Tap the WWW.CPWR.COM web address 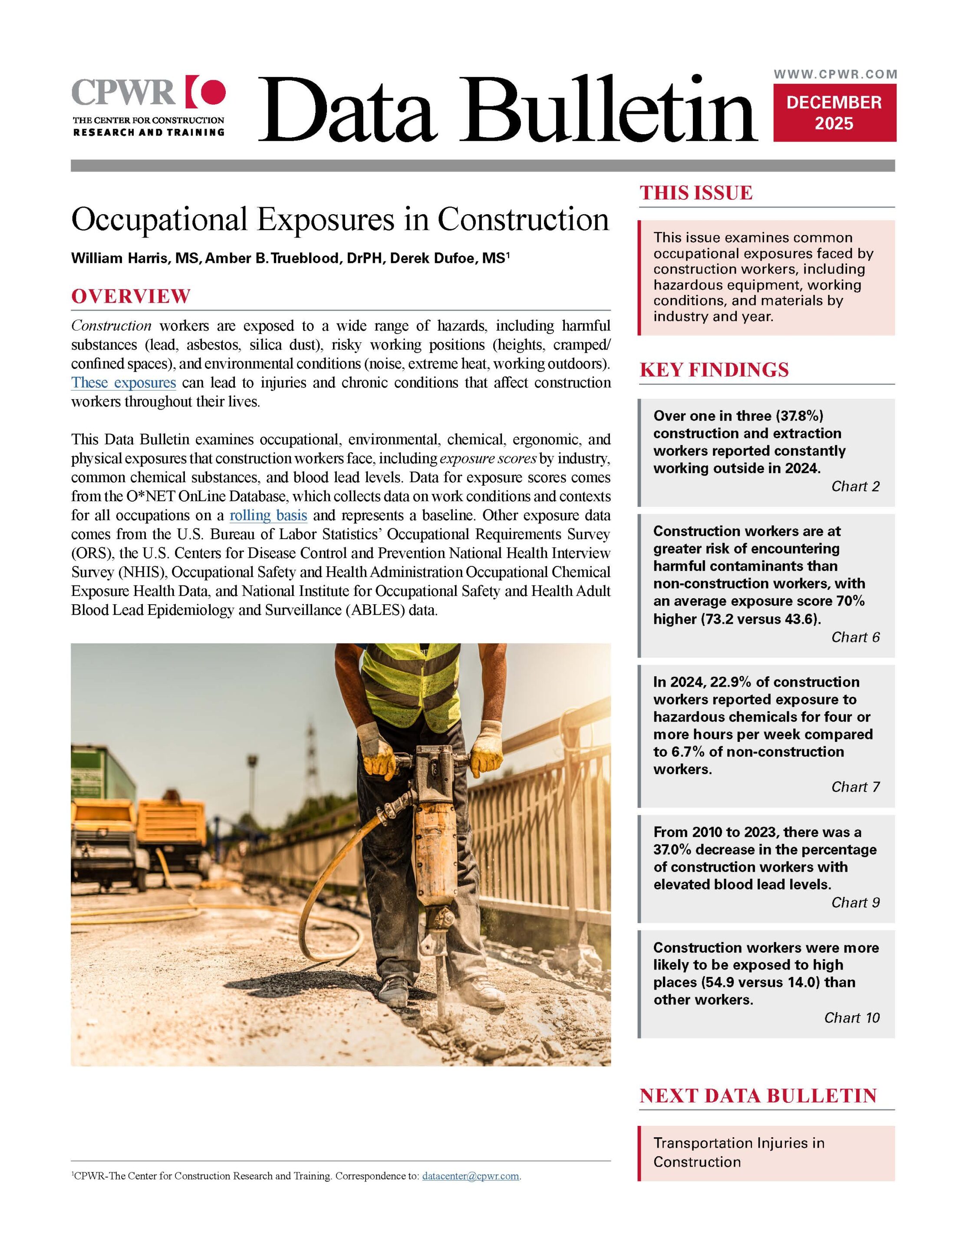tap(835, 74)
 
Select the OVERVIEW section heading tap(131, 296)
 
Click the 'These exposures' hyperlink tap(123, 383)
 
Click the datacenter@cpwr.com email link tap(471, 1176)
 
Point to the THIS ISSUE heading tap(696, 193)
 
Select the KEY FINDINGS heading tap(713, 370)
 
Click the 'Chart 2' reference tap(855, 486)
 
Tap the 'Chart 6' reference tap(855, 637)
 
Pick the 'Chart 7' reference tap(855, 787)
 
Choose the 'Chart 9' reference tap(855, 903)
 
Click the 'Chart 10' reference tap(851, 1018)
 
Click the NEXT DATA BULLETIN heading tap(758, 1096)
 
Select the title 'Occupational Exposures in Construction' tap(340, 219)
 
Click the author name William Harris tap(120, 258)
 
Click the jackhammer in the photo tap(433, 831)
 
